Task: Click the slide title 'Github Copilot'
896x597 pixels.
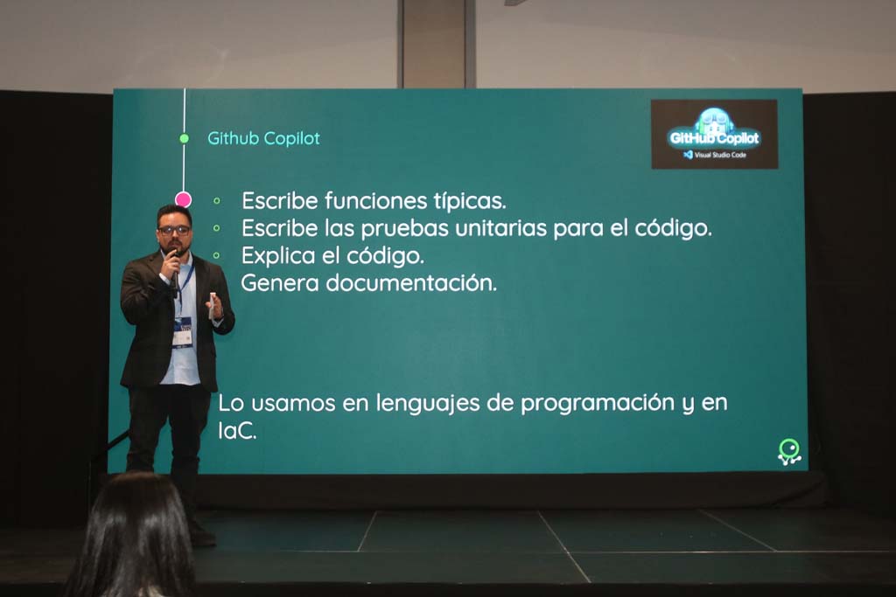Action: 263,139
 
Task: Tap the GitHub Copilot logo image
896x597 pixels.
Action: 714,134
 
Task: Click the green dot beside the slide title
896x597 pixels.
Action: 184,139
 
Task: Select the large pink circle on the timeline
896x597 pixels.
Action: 183,199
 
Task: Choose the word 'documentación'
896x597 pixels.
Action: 411,283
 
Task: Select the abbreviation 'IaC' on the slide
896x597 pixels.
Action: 236,431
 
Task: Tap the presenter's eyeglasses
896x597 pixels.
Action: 174,230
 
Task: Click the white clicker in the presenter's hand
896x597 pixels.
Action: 213,305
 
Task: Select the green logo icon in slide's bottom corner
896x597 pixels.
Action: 789,452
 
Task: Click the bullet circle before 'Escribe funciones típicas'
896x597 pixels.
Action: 217,201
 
